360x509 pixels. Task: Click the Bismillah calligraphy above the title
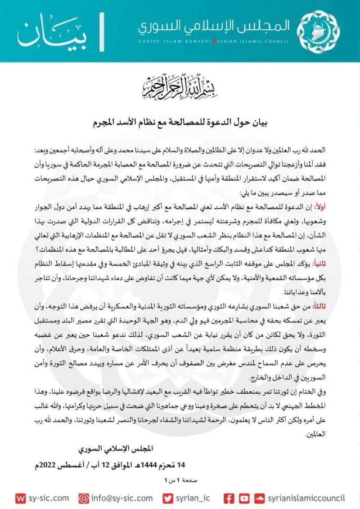(180, 88)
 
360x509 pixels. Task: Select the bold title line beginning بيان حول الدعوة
(180, 122)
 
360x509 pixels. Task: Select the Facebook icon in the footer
(229, 498)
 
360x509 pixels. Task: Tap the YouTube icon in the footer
(244, 498)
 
